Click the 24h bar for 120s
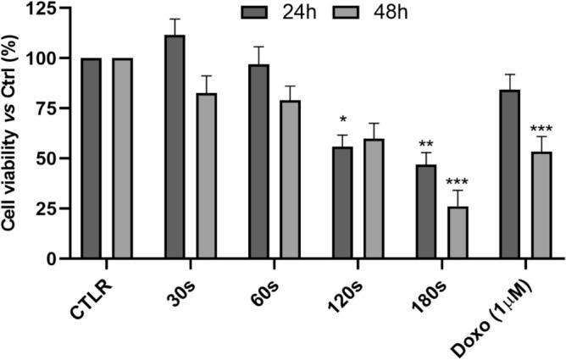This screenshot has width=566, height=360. (x=341, y=202)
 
